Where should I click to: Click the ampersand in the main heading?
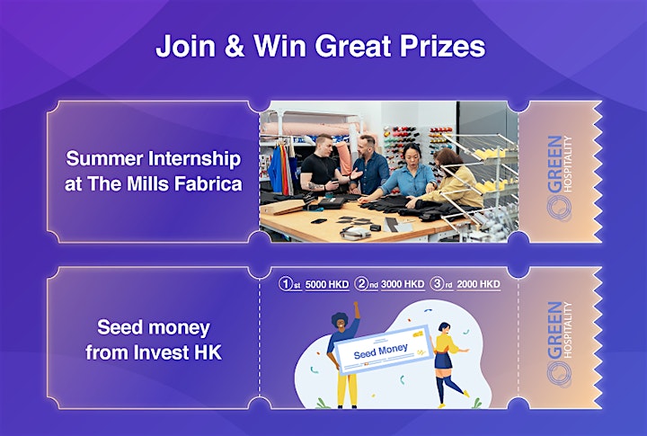(235, 46)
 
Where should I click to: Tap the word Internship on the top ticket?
(194, 159)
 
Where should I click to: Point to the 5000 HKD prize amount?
(327, 284)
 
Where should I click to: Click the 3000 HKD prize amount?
(403, 284)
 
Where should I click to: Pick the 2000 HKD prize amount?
(479, 284)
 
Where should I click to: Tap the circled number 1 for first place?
(286, 284)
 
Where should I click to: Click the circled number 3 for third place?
(437, 284)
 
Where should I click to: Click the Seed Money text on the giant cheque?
(380, 351)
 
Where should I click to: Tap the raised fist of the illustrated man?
(355, 306)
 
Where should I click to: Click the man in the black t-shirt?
(321, 166)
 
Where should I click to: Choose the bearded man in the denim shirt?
(369, 165)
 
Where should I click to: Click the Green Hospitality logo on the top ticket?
(559, 178)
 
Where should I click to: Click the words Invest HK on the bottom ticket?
(178, 352)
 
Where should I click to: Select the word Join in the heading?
(186, 46)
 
